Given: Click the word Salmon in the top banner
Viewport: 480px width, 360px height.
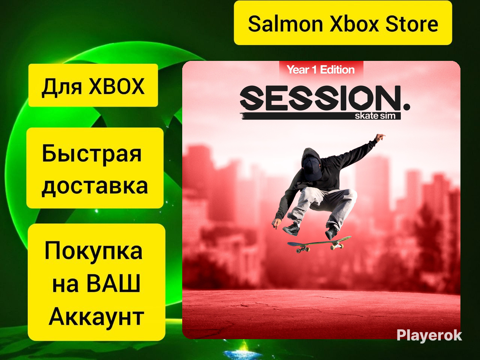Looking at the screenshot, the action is click(285, 24).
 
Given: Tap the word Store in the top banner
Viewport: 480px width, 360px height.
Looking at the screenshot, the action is click(412, 24).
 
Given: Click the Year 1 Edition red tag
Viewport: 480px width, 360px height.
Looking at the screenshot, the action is click(321, 70).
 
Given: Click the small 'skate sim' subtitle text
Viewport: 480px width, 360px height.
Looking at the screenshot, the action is click(375, 116).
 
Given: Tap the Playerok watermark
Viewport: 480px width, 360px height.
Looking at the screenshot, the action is click(429, 335).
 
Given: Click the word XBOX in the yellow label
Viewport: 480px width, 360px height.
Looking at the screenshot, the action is click(116, 87).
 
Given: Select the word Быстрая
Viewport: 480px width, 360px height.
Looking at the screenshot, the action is click(92, 153).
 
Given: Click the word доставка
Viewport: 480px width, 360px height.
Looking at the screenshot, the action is click(95, 186).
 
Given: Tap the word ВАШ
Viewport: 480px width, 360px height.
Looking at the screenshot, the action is click(113, 284).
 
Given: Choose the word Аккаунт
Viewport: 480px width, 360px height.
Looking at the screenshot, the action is click(96, 316).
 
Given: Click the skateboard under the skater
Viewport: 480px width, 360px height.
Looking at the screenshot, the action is click(319, 244).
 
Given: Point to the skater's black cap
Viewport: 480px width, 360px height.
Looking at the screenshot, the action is click(312, 168).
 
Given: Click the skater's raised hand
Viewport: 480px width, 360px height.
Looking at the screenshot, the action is click(380, 137).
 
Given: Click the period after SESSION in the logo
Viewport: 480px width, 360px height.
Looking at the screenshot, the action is click(406, 107).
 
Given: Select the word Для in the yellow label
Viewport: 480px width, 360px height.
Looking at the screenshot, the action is click(62, 87).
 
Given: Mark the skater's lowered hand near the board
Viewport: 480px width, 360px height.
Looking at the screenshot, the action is click(277, 224).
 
